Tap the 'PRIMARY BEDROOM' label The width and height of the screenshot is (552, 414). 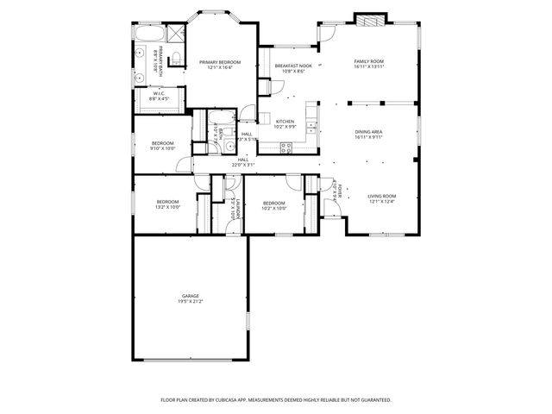pos(219,62)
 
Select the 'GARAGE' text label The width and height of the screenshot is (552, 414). pos(190,296)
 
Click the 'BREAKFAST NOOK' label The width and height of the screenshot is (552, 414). pos(291,66)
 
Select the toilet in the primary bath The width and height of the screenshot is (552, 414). pos(176,57)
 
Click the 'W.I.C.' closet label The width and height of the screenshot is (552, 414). pos(160,94)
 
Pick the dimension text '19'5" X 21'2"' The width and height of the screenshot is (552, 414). pos(190,302)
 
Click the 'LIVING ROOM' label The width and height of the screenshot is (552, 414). pos(381,196)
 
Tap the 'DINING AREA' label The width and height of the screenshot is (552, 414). pos(368,131)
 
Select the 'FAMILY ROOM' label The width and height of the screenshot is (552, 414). pos(368,60)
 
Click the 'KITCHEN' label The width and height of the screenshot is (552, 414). pos(285,122)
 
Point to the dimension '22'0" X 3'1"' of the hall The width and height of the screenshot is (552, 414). pos(243,165)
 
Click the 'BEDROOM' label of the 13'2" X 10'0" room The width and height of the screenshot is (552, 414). pos(167,202)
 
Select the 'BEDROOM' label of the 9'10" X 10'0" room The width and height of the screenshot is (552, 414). pos(163,142)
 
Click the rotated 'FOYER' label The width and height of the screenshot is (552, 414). pos(340,189)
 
